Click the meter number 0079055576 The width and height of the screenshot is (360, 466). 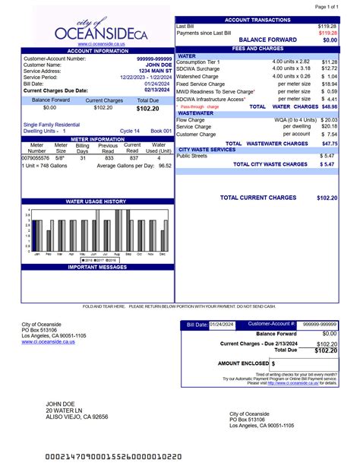click(x=36, y=158)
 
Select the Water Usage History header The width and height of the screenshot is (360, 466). click(x=96, y=201)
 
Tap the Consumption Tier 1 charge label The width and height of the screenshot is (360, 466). click(x=197, y=62)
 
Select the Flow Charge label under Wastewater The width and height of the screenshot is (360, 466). click(x=190, y=120)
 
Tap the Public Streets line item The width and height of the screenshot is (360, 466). click(x=191, y=156)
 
